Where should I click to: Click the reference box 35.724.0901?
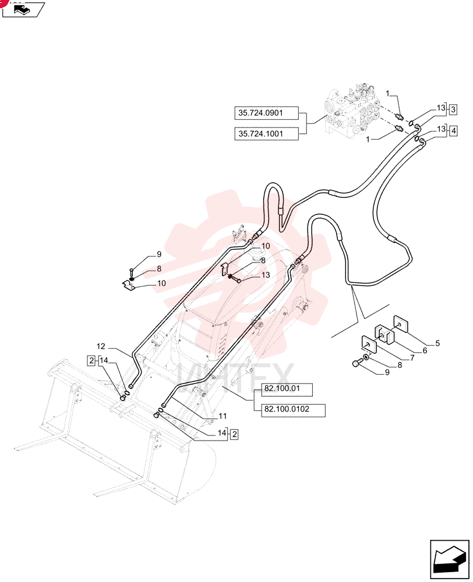pyautogui.click(x=266, y=113)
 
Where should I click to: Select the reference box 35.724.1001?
pyautogui.click(x=266, y=134)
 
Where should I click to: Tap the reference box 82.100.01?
pyautogui.click(x=287, y=389)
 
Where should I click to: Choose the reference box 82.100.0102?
pyautogui.click(x=293, y=410)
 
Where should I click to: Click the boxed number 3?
pyautogui.click(x=453, y=110)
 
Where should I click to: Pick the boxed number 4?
pyautogui.click(x=453, y=130)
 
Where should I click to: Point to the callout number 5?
pyautogui.click(x=437, y=343)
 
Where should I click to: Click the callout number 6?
pyautogui.click(x=425, y=350)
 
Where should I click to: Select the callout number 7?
pyautogui.click(x=412, y=358)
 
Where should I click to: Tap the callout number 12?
pyautogui.click(x=101, y=346)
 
